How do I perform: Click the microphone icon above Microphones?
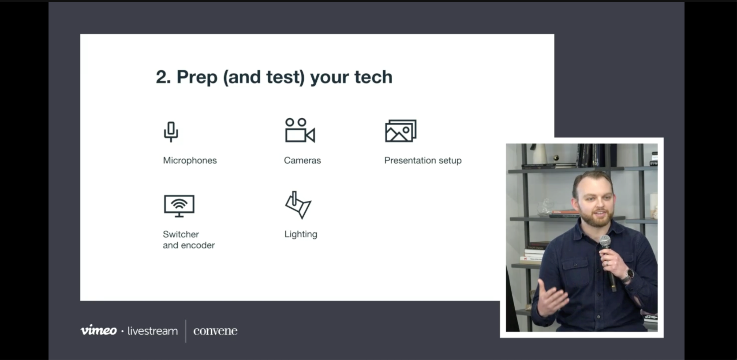pyautogui.click(x=171, y=131)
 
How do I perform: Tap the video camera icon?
pyautogui.click(x=300, y=130)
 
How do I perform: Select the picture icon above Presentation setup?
pyautogui.click(x=401, y=131)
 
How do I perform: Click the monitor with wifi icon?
pyautogui.click(x=179, y=206)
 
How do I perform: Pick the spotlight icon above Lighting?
pyautogui.click(x=298, y=205)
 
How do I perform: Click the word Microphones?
pyautogui.click(x=190, y=160)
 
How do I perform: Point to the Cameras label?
pyautogui.click(x=303, y=160)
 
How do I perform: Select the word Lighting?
pyautogui.click(x=301, y=234)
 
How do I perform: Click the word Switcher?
pyautogui.click(x=181, y=234)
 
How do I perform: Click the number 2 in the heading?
pyautogui.click(x=161, y=77)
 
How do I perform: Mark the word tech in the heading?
pyautogui.click(x=374, y=77)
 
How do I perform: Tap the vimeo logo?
pyautogui.click(x=99, y=330)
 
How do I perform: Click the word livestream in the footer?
pyautogui.click(x=153, y=331)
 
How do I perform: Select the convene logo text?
pyautogui.click(x=215, y=331)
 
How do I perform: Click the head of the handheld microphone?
pyautogui.click(x=605, y=241)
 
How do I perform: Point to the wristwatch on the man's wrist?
pyautogui.click(x=629, y=274)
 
